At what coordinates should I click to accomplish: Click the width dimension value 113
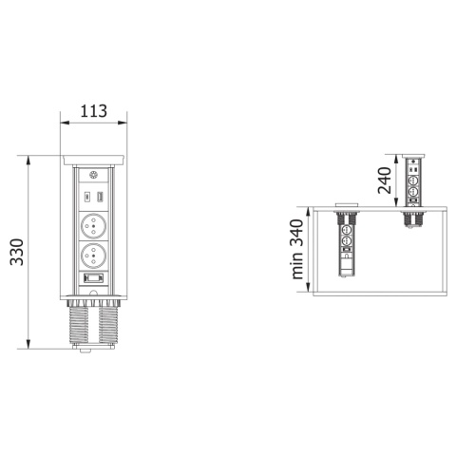(x=94, y=111)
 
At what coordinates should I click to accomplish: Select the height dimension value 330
(x=17, y=252)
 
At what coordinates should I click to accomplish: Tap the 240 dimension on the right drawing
(x=385, y=180)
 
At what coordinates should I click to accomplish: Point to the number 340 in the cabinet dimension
(x=296, y=233)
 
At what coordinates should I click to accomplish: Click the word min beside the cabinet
(x=297, y=266)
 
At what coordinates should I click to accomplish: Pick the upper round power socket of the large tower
(x=93, y=226)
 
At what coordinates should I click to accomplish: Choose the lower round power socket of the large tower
(x=93, y=256)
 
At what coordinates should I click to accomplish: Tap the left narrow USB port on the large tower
(x=86, y=197)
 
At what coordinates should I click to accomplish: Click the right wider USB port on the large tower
(x=100, y=197)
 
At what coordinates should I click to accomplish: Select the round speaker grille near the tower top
(x=94, y=175)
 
